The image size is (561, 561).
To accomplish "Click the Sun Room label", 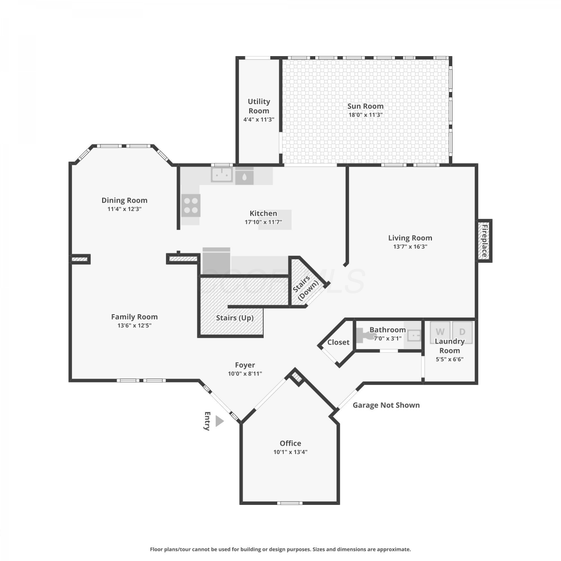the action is click(x=365, y=106).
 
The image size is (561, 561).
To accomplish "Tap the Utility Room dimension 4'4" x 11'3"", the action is click(x=259, y=120).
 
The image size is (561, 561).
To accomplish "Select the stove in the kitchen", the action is click(x=191, y=205).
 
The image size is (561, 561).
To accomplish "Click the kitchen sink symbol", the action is click(x=222, y=174).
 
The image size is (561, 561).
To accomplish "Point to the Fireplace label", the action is click(x=484, y=240).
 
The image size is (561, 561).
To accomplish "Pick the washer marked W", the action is click(x=440, y=332).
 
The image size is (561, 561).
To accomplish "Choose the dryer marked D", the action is click(x=462, y=332).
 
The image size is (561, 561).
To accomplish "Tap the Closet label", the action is click(x=338, y=342).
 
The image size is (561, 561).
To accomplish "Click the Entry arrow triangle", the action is click(x=219, y=421).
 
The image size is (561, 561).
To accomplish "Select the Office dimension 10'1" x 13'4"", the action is click(x=290, y=452).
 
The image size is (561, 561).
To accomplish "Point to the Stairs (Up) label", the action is click(x=235, y=318).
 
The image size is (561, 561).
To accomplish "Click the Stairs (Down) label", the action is click(x=306, y=288).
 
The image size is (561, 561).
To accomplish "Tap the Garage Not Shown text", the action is click(x=386, y=405).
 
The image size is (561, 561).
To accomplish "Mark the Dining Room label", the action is click(x=125, y=200).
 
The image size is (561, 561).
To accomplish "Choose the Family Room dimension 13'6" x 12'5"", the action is click(x=134, y=326).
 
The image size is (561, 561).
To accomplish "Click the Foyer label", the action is click(x=245, y=365).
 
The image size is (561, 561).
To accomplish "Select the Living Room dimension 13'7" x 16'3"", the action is click(x=410, y=247).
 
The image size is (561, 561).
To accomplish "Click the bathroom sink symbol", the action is click(x=414, y=335).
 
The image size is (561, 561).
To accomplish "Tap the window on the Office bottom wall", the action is click(x=290, y=503).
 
